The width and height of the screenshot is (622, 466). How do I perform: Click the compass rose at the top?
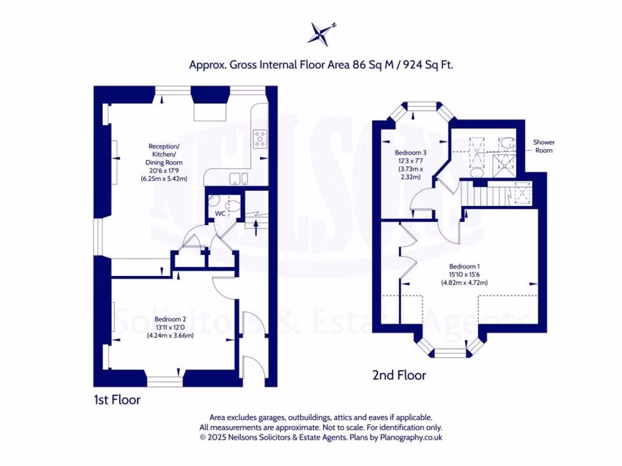tap(321, 33)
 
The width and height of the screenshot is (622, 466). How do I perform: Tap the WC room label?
tap(220, 214)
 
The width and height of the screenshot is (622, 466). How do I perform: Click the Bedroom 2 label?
tap(170, 320)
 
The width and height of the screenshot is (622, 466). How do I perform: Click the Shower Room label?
tap(544, 146)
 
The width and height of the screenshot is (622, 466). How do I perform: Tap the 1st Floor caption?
tap(117, 400)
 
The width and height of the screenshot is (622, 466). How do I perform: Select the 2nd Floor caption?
tap(398, 376)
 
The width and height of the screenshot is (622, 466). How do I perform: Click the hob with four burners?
tap(260, 140)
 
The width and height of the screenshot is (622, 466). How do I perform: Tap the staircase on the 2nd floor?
tap(485, 195)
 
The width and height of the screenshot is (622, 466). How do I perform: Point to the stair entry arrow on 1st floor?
tap(255, 228)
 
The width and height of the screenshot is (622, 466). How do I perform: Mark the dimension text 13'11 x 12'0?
tap(170, 328)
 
